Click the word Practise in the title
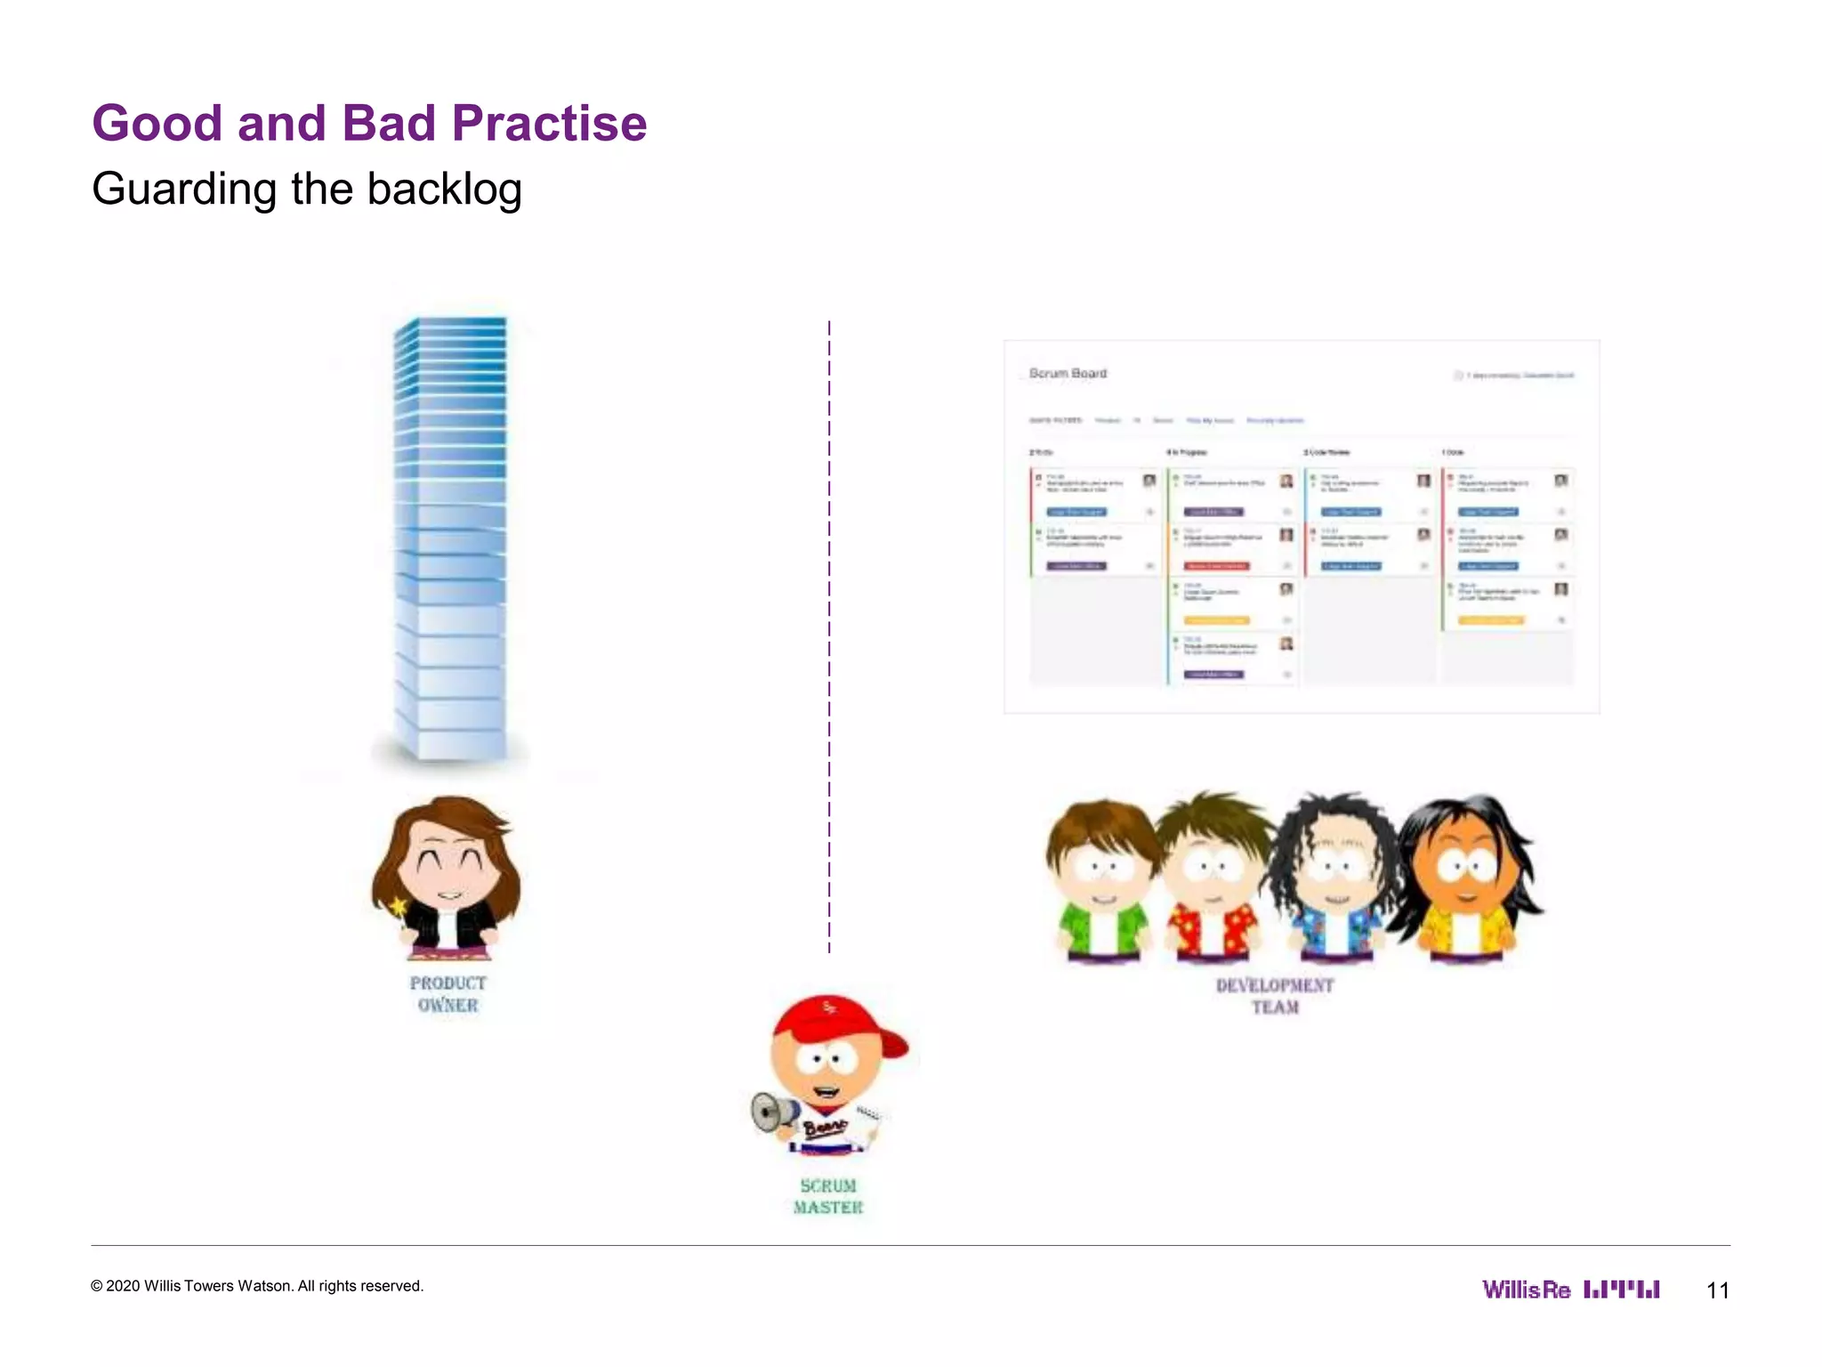(x=549, y=123)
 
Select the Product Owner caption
(x=447, y=994)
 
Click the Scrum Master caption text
(x=828, y=1197)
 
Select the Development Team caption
(x=1275, y=996)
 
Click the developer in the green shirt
(x=1101, y=881)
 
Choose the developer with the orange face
(x=1463, y=877)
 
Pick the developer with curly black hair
(x=1334, y=877)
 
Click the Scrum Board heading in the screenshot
(x=1068, y=373)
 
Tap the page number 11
(x=1717, y=1290)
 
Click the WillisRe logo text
(x=1526, y=1290)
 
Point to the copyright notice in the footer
(x=257, y=1286)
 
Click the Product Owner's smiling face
(x=449, y=868)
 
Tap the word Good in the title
(x=157, y=123)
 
